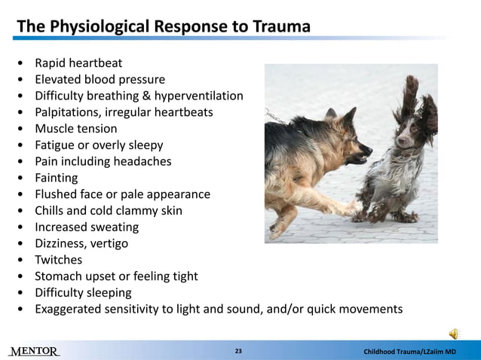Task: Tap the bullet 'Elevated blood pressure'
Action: click(x=100, y=79)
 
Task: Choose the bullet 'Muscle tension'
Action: click(x=76, y=129)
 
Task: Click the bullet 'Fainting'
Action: click(x=57, y=178)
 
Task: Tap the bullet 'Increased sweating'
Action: click(x=87, y=227)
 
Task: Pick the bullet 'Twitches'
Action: click(x=59, y=260)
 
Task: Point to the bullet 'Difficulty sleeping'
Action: click(x=83, y=292)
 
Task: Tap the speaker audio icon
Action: click(x=455, y=333)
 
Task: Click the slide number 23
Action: click(x=238, y=352)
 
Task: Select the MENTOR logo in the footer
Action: click(x=35, y=352)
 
